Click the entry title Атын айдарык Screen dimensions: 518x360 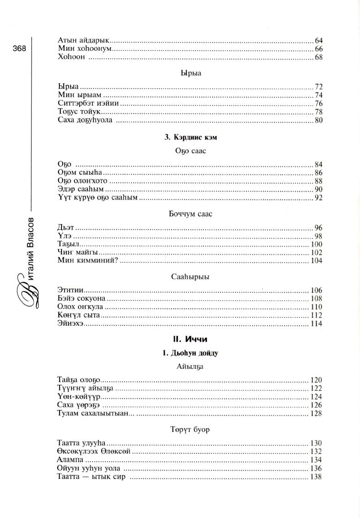(85, 40)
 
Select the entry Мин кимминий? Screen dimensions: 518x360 (89, 260)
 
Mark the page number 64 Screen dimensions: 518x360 (319, 40)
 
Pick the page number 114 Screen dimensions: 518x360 (316, 324)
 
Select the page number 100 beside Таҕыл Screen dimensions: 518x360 (316, 244)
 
